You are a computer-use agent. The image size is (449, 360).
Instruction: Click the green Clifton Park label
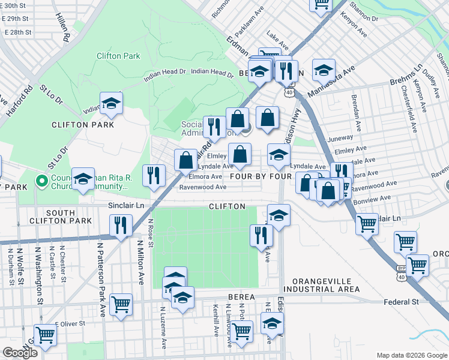[118, 56]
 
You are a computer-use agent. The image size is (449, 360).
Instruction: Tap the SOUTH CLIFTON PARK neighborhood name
[61, 217]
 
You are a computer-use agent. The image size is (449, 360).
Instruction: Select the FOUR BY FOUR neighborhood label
[261, 177]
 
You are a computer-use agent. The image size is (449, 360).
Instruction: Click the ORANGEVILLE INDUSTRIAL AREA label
[326, 285]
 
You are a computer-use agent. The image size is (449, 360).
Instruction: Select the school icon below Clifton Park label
[111, 104]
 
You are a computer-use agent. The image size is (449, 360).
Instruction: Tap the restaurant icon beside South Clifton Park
[121, 226]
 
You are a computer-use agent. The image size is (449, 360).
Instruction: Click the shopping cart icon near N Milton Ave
[121, 304]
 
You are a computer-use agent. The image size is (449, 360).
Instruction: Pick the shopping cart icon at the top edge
[321, 4]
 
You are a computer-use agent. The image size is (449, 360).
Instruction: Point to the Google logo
[19, 353]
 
